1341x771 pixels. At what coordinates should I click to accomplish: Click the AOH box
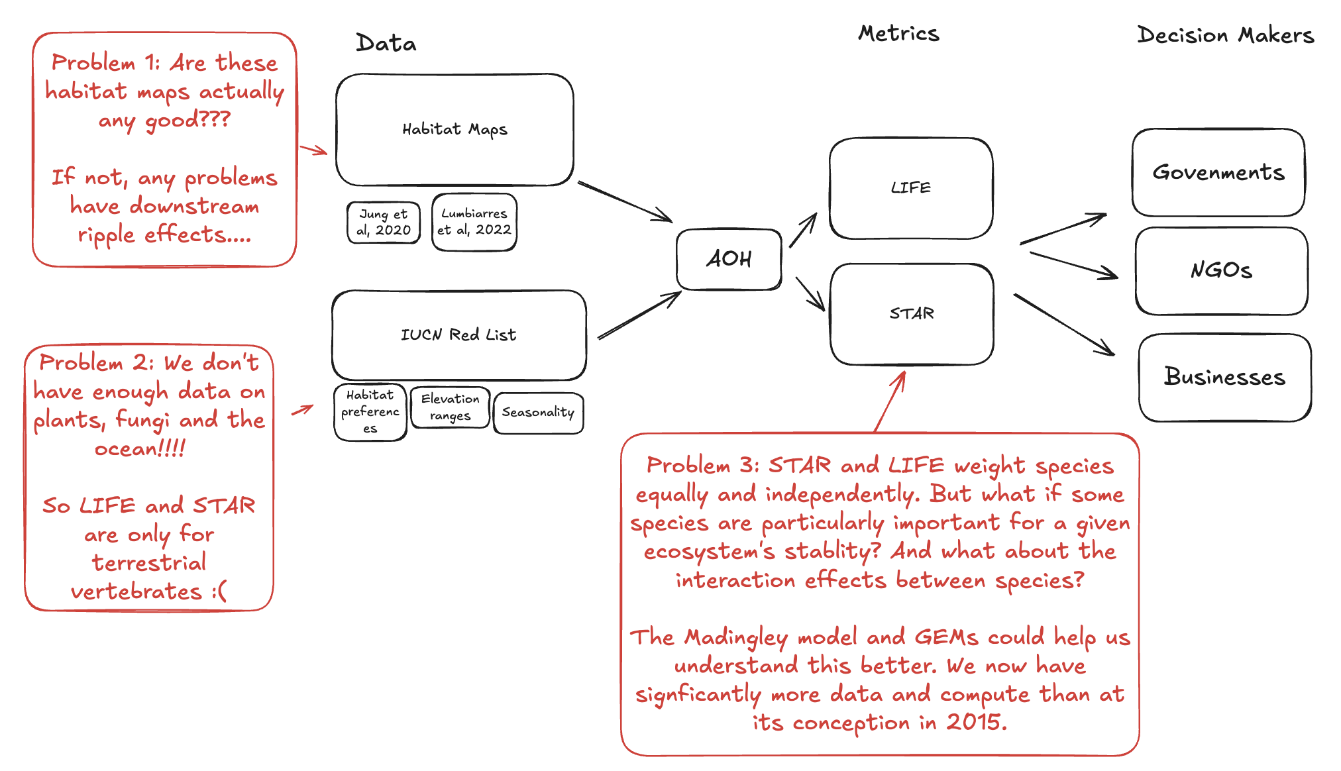point(729,259)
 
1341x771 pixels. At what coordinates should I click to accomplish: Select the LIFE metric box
point(910,188)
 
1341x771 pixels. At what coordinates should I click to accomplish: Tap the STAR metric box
point(912,314)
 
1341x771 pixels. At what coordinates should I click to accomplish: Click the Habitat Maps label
point(455,129)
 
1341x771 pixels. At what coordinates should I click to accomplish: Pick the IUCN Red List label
point(458,335)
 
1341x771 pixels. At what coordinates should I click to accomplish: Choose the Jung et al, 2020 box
point(384,223)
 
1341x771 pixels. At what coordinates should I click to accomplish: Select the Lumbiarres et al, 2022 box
point(474,222)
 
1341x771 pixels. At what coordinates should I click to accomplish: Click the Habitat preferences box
point(370,412)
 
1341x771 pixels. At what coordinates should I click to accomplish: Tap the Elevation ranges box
point(450,407)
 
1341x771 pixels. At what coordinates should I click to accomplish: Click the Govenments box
point(1218,173)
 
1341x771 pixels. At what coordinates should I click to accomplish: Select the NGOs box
point(1221,271)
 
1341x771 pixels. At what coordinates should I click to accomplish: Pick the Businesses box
point(1224,377)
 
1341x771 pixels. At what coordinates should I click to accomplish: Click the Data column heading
point(386,44)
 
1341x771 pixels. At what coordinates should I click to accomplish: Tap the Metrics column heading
point(898,34)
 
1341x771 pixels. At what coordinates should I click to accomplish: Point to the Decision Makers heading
point(1225,36)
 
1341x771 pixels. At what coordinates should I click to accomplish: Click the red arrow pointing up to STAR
point(890,401)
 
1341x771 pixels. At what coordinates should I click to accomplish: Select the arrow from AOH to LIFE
point(803,231)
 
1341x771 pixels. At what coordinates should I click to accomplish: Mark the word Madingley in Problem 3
point(736,637)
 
